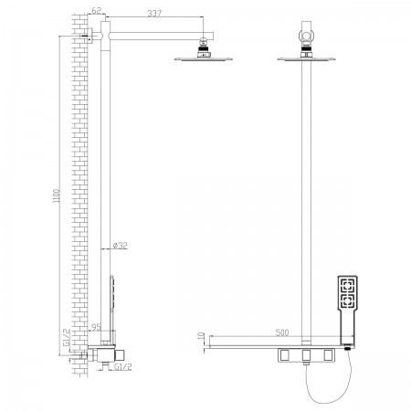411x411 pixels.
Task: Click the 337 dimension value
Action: pyautogui.click(x=154, y=14)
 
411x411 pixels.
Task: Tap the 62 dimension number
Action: pyautogui.click(x=96, y=10)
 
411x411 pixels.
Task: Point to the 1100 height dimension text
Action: pyautogui.click(x=58, y=196)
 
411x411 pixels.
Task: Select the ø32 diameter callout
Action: pyautogui.click(x=120, y=246)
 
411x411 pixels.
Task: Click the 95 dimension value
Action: pyautogui.click(x=96, y=327)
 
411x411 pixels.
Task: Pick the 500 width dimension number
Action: pyautogui.click(x=282, y=332)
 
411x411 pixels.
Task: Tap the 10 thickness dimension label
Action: pyautogui.click(x=201, y=336)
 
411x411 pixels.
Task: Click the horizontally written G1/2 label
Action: pyautogui.click(x=123, y=367)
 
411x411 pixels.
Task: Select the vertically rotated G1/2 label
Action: pyautogui.click(x=67, y=337)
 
